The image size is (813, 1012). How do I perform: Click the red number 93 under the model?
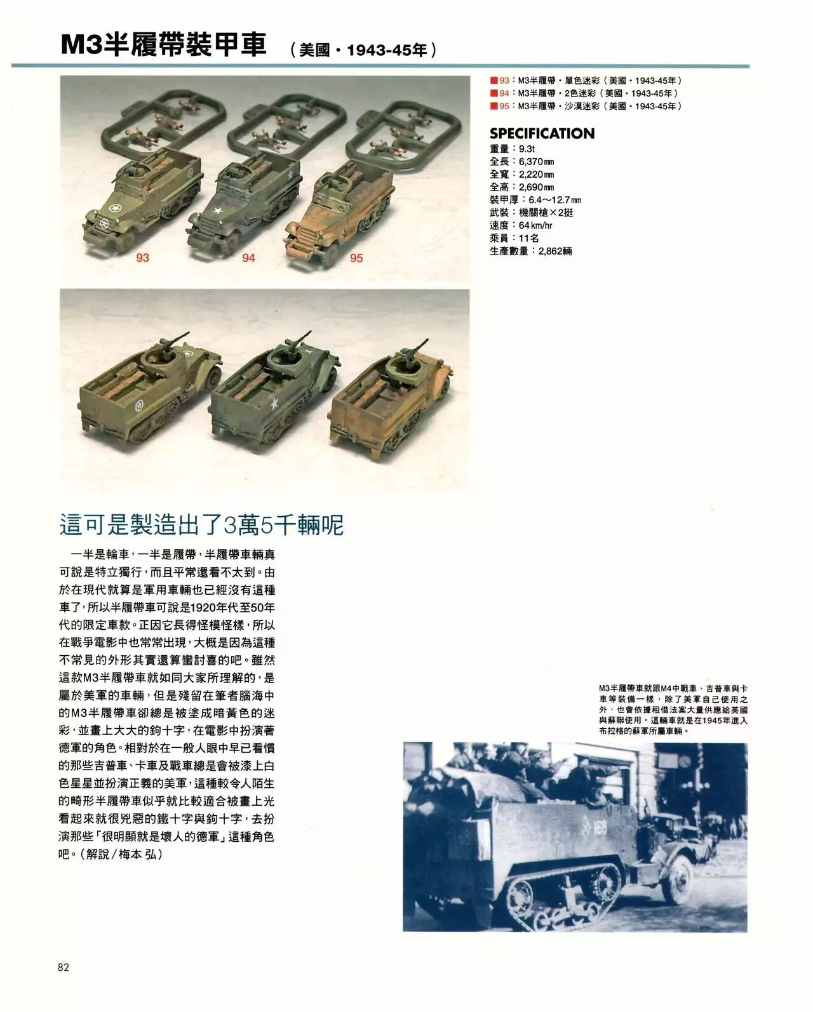click(x=142, y=257)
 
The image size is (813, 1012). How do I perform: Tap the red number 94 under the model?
click(x=248, y=257)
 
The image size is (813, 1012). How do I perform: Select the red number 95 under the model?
click(x=356, y=258)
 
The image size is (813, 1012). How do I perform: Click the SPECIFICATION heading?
click(x=542, y=133)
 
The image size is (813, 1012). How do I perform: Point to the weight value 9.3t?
click(x=527, y=149)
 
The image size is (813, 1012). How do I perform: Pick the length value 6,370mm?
click(x=536, y=161)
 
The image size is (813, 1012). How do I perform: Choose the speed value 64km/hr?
click(x=535, y=225)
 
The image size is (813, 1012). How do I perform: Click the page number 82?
click(x=63, y=967)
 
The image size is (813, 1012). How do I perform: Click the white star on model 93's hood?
click(x=115, y=209)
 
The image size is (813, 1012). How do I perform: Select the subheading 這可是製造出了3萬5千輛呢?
click(x=201, y=525)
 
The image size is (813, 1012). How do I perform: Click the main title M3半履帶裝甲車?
click(x=164, y=45)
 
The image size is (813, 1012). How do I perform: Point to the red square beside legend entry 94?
click(x=493, y=93)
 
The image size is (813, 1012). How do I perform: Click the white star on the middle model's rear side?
click(x=274, y=403)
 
